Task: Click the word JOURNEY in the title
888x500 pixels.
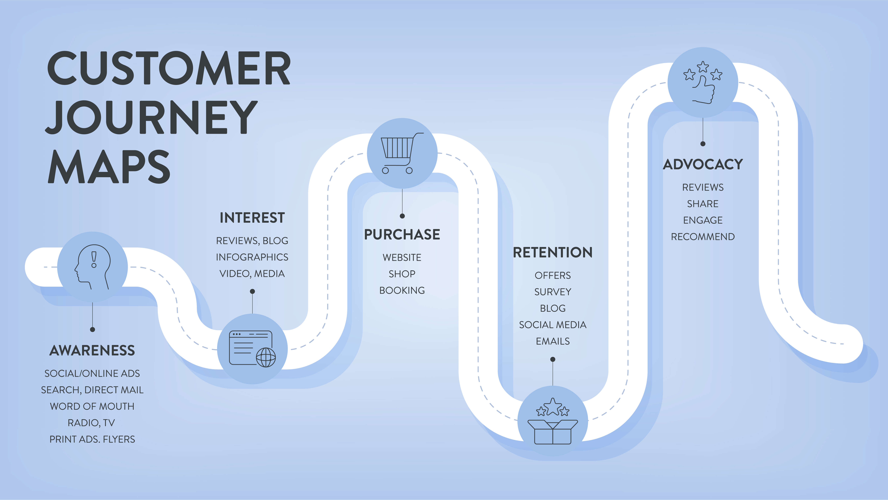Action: [152, 117]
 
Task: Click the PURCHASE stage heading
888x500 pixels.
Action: [402, 234]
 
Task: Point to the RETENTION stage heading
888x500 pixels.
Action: [553, 252]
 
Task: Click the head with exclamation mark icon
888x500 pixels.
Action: [92, 267]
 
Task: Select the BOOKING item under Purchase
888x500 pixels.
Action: [402, 290]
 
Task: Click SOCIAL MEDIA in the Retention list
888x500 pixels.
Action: [553, 325]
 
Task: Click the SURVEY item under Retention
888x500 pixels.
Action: [553, 292]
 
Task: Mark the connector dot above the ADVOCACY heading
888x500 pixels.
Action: [703, 144]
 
